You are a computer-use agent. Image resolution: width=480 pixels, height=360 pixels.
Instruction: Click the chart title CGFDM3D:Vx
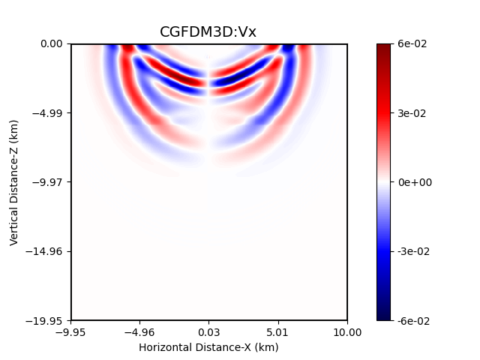208,31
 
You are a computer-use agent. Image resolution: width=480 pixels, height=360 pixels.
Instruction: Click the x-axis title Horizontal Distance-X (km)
208,347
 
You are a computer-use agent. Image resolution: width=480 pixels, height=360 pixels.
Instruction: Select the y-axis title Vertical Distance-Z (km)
14,181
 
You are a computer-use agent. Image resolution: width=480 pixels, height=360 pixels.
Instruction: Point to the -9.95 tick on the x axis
71,332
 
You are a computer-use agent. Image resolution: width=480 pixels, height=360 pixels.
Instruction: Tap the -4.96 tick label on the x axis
139,332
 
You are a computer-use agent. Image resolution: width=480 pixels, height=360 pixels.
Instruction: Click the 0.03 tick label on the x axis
209,332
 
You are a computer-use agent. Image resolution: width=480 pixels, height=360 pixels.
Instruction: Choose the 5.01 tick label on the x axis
278,332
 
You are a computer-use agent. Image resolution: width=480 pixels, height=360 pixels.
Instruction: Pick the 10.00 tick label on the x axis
347,332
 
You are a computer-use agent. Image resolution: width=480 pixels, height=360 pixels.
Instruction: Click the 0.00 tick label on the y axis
52,44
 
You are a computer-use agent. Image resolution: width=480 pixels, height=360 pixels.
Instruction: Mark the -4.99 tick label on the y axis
49,113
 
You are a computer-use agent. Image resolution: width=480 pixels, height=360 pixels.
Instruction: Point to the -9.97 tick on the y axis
49,182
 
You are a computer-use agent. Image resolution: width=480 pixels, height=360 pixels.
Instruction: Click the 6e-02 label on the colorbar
412,44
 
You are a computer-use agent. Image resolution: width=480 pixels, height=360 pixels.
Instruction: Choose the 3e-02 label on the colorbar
412,113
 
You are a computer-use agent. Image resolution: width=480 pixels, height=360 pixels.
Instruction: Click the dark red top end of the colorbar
383,46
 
